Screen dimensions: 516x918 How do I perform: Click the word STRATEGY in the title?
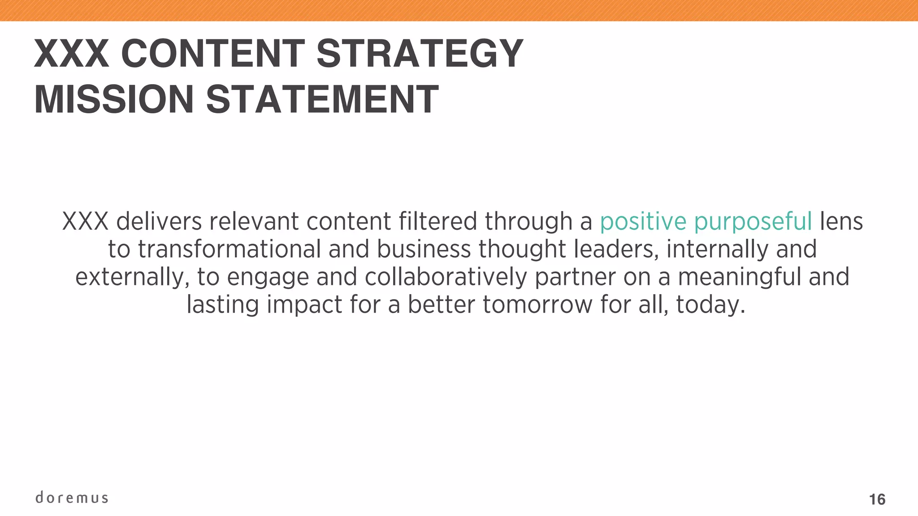(x=420, y=54)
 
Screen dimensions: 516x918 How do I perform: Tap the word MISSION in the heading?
(x=114, y=99)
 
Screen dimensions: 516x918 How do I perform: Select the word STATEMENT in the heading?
(x=322, y=99)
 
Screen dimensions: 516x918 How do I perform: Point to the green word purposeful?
(x=753, y=222)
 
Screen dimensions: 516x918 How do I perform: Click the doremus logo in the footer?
(x=72, y=498)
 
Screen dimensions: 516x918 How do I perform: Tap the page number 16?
(x=877, y=499)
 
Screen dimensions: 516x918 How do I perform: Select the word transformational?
(x=229, y=249)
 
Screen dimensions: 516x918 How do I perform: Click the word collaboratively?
(x=446, y=277)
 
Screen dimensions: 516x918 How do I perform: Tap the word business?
(x=424, y=249)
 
